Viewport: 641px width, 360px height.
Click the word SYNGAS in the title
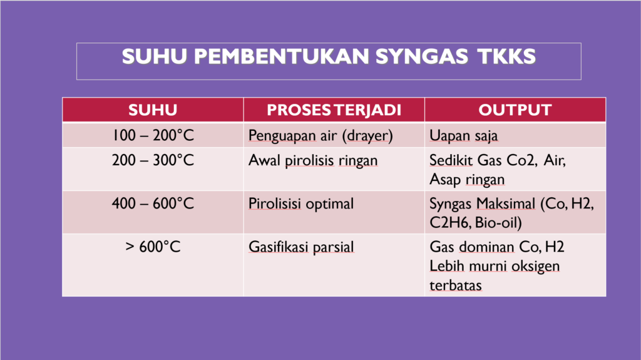point(421,56)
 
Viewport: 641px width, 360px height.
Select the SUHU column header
point(153,110)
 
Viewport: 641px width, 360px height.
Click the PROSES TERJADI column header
point(334,110)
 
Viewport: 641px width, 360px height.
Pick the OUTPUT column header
point(515,110)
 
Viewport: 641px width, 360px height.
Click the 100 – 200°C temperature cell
point(153,135)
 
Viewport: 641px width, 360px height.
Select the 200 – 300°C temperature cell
point(153,160)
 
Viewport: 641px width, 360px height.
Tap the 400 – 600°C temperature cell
point(153,203)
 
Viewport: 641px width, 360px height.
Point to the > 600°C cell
point(153,247)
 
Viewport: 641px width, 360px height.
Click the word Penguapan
point(282,136)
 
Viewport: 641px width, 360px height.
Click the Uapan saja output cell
point(464,136)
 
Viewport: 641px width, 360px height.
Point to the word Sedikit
point(451,160)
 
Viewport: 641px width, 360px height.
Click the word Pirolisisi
point(275,203)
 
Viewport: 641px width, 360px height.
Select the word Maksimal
point(506,203)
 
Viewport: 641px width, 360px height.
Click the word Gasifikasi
point(279,247)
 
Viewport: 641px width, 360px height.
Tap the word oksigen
point(536,266)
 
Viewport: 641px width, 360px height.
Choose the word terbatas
point(456,285)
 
